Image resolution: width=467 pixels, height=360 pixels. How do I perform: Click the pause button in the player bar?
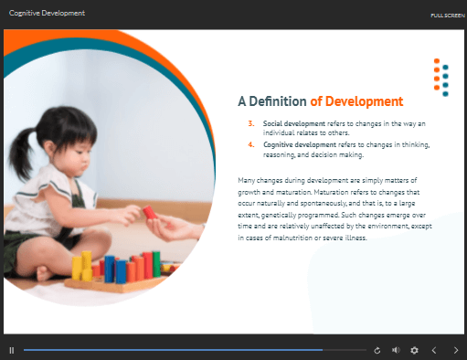[x=12, y=350]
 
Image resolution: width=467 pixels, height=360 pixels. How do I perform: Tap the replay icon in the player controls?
[x=377, y=351]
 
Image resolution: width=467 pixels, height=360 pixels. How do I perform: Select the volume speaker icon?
[x=396, y=350]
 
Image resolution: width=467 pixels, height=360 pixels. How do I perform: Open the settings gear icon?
[x=414, y=350]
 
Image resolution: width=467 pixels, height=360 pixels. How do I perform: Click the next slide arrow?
[x=456, y=350]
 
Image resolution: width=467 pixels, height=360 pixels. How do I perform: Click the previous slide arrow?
[x=434, y=350]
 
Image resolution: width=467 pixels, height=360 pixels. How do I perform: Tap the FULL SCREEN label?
[x=448, y=16]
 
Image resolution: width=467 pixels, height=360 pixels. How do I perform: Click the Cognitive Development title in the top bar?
[x=47, y=13]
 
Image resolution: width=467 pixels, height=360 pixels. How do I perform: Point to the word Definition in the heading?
[x=278, y=101]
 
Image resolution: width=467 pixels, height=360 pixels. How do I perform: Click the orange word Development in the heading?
[x=364, y=101]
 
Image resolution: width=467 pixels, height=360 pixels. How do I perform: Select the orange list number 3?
[x=251, y=123]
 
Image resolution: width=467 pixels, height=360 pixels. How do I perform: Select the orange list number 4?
[x=251, y=144]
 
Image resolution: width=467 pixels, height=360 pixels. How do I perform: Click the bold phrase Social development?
[x=294, y=123]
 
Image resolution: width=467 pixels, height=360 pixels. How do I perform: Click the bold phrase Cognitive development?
[x=300, y=144]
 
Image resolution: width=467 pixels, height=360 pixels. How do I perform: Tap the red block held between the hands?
[x=150, y=212]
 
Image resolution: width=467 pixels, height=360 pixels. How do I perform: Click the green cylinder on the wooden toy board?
[x=156, y=264]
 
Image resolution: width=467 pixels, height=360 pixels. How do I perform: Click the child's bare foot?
[x=45, y=273]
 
